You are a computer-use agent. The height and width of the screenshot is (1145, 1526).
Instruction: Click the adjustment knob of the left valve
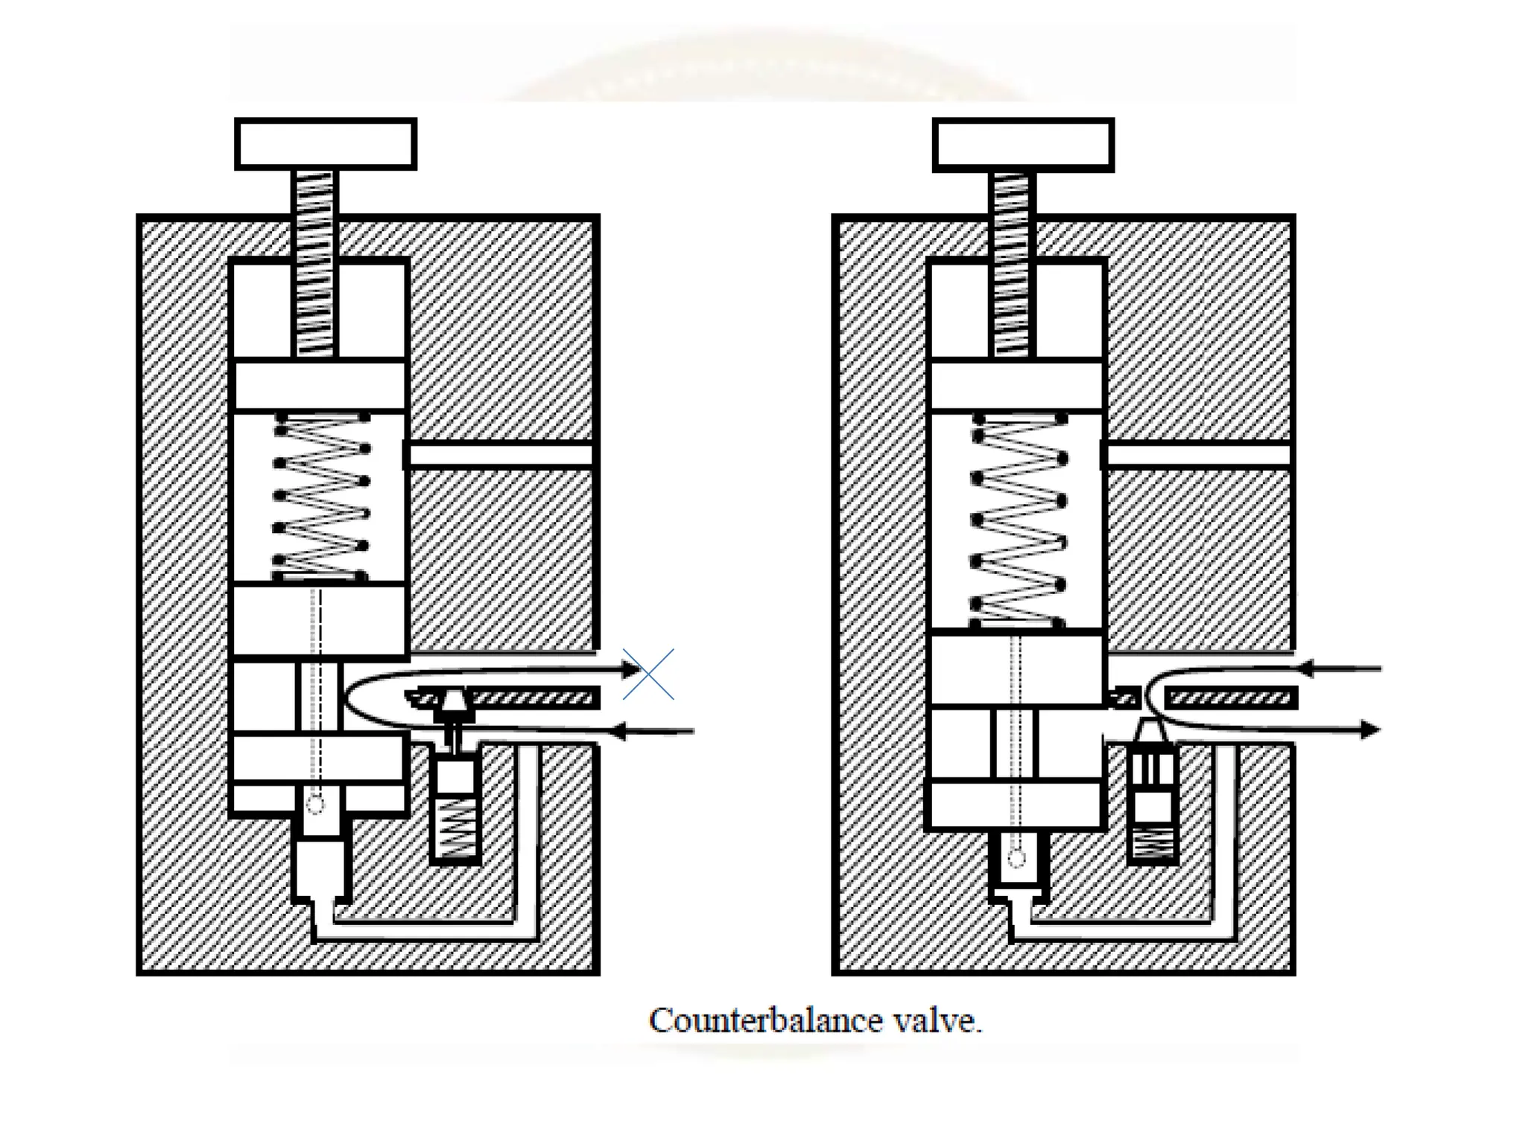tap(326, 144)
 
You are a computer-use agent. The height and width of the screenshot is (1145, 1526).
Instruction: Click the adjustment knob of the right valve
tap(1023, 145)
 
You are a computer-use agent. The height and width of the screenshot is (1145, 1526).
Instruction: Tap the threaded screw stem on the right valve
tap(1012, 262)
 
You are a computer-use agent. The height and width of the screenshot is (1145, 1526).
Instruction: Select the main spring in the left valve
tap(322, 496)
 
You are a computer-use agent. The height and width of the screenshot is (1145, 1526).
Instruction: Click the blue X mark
tap(648, 674)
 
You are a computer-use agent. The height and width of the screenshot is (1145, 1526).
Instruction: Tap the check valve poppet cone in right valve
tap(1151, 732)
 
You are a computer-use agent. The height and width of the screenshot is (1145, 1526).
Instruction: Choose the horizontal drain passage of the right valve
tap(1198, 455)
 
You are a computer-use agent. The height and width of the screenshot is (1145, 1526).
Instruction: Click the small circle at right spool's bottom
tap(1016, 858)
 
